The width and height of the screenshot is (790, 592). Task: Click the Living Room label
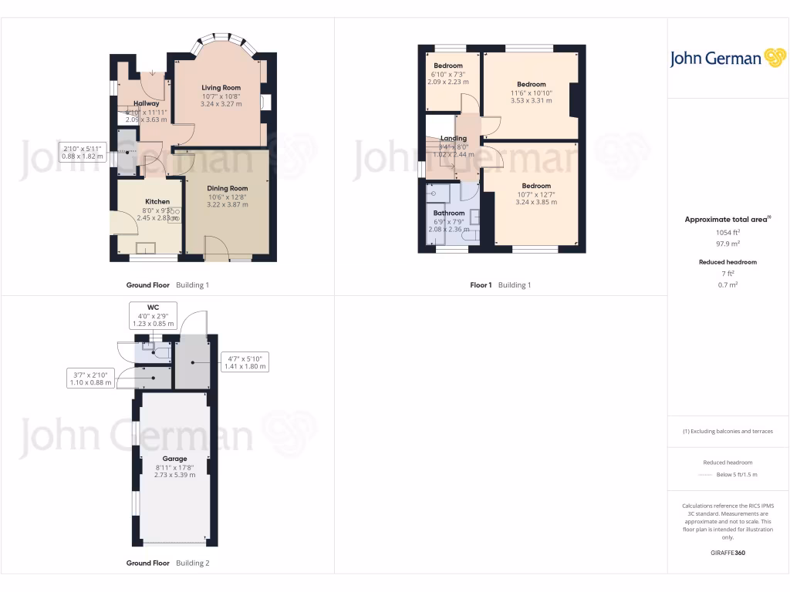(221, 88)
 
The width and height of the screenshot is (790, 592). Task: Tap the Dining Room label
(228, 188)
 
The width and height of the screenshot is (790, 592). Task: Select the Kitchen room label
(157, 202)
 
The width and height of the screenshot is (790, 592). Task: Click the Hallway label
(147, 103)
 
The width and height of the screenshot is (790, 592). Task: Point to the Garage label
(174, 459)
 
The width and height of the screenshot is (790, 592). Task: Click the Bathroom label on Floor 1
(449, 213)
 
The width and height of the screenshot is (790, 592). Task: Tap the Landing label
(454, 139)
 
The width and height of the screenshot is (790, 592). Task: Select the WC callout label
(153, 308)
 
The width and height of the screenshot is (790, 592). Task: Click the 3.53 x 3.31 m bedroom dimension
(532, 100)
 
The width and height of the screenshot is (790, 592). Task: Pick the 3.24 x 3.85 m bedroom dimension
(536, 202)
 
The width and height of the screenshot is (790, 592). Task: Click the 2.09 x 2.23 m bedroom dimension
(448, 82)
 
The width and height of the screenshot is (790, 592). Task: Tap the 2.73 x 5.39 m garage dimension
(174, 475)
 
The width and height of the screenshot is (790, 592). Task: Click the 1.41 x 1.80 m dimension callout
(245, 366)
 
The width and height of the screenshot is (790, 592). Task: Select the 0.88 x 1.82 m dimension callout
(83, 156)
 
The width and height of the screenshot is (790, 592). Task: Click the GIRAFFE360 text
(728, 553)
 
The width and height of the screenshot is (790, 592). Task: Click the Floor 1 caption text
(481, 285)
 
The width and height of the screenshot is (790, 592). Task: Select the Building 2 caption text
(193, 563)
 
